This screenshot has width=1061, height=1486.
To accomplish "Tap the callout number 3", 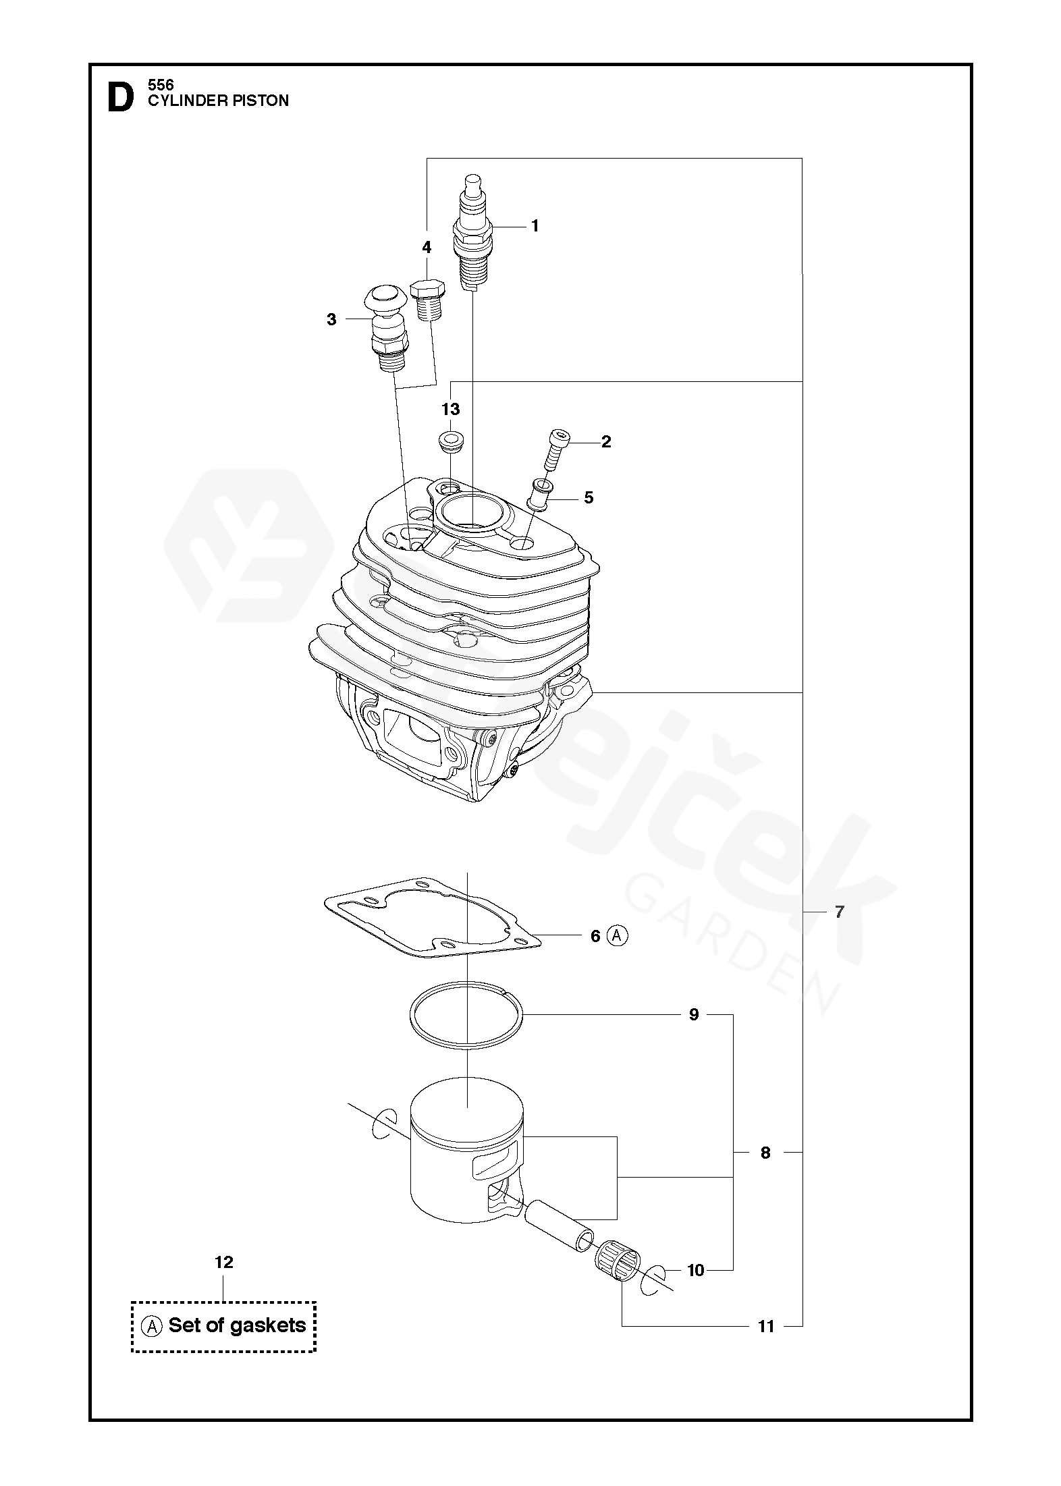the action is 331,319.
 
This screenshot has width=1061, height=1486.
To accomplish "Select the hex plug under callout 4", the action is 427,300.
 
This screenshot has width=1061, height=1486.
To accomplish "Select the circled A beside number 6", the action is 617,936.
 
